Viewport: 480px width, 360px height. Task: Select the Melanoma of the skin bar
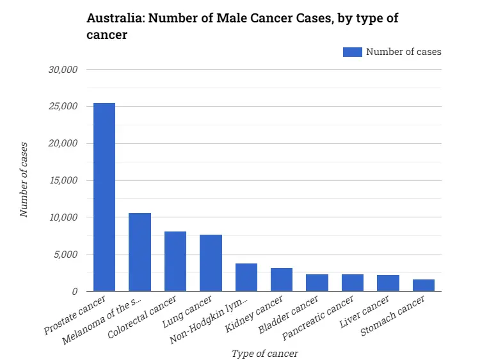[140, 252]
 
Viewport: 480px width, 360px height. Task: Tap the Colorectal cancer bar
[175, 261]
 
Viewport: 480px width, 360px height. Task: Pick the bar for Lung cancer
[211, 263]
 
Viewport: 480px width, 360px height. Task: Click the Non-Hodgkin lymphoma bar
[246, 277]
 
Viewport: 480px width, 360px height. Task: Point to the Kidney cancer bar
[282, 279]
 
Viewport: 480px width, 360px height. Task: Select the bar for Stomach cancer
[424, 285]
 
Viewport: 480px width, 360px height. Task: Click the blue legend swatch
[352, 52]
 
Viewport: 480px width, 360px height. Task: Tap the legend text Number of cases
[403, 52]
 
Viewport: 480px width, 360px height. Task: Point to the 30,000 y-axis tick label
[63, 69]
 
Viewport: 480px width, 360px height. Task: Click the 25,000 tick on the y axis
[63, 106]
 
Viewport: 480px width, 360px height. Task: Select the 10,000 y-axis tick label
[63, 217]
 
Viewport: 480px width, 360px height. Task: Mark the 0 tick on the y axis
[74, 292]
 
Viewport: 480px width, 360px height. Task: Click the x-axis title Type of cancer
[264, 353]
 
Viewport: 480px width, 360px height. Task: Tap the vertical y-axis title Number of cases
[24, 180]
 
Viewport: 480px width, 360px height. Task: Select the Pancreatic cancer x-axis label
[327, 315]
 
